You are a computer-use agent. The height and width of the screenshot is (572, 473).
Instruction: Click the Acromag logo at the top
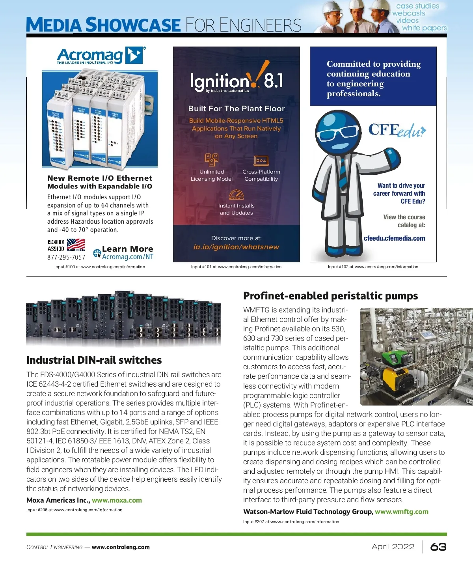101,56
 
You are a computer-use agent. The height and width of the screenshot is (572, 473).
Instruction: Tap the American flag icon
76,245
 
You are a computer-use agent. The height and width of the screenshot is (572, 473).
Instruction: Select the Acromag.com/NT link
127,257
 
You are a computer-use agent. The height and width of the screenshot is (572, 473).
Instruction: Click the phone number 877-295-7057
66,257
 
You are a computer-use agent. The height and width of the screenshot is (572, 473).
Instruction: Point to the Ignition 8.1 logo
236,80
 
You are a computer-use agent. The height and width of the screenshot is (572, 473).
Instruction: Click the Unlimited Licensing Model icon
212,159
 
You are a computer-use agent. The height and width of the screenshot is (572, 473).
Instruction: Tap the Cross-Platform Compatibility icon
261,161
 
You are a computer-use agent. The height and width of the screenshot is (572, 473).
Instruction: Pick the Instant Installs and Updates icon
236,194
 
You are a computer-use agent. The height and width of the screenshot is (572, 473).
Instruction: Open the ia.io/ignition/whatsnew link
236,247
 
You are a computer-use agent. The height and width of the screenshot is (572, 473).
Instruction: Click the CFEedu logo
397,130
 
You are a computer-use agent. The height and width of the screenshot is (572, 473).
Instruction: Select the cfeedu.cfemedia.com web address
394,238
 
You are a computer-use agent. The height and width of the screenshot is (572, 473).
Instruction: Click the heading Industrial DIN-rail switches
94,360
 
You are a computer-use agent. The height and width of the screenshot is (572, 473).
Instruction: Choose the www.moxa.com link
117,500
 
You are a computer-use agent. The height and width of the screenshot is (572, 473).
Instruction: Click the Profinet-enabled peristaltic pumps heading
330,296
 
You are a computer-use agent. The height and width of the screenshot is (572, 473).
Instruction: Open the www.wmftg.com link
401,512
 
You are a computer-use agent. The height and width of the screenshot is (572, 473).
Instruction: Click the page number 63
438,547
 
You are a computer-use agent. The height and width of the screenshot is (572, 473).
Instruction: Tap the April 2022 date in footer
393,547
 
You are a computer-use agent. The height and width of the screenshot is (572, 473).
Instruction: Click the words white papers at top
424,28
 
